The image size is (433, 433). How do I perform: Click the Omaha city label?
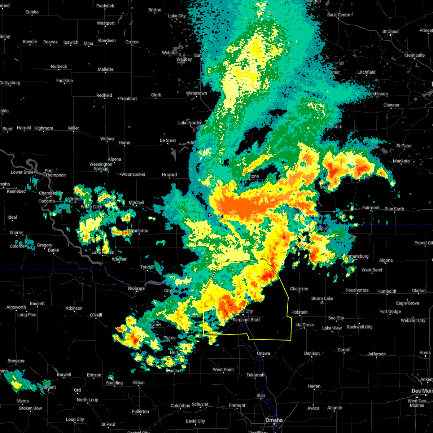[274, 420]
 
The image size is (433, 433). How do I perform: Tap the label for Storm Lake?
[322, 298]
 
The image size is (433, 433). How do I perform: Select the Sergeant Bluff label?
[246, 320]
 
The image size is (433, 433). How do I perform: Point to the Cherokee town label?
[299, 289]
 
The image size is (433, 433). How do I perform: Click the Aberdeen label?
[106, 40]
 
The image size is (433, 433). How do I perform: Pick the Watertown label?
[196, 93]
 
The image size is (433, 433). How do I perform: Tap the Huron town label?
[124, 143]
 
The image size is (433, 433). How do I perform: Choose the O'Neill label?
[96, 315]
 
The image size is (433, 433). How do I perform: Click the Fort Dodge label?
[390, 311]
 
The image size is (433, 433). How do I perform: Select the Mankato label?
[401, 161]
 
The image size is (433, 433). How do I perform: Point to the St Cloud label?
[390, 31]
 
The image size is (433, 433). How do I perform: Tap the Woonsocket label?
[133, 174]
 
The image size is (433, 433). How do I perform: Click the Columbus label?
[180, 406]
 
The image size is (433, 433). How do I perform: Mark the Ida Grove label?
[305, 325]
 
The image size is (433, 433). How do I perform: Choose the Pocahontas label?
[357, 290]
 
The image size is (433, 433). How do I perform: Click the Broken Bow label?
[31, 408]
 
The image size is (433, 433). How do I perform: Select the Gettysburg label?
[10, 83]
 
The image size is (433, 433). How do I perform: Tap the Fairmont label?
[371, 207]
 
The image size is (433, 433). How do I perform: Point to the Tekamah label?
[255, 375]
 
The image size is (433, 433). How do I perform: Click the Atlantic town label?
[334, 408]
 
